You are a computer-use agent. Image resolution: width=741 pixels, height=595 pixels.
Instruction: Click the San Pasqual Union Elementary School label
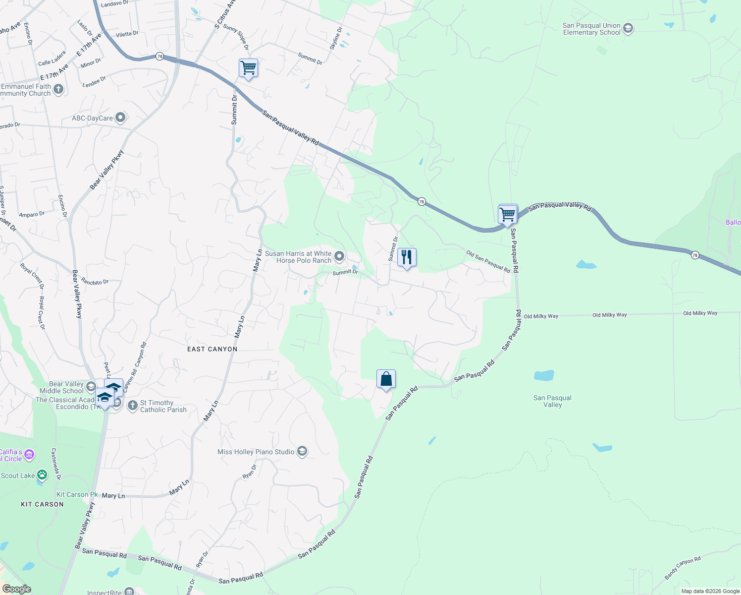click(591, 29)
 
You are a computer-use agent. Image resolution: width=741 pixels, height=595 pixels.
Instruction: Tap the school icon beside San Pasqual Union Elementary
click(628, 28)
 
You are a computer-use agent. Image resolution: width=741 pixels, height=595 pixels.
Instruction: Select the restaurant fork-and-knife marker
click(407, 257)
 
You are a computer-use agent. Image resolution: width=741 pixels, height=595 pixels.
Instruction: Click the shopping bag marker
click(386, 379)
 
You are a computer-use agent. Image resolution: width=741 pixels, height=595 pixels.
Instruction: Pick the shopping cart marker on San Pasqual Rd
click(508, 215)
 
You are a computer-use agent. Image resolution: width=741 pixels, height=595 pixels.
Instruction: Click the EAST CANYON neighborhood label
click(212, 349)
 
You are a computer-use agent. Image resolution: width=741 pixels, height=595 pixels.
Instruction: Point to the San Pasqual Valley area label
click(552, 401)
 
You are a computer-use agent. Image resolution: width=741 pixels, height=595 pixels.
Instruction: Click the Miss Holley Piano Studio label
click(256, 452)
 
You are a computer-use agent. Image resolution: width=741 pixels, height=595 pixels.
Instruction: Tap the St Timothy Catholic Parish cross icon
click(132, 406)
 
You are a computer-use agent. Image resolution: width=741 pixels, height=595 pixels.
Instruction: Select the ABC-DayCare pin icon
click(120, 118)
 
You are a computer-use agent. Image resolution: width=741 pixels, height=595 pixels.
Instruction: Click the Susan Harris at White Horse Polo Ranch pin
click(339, 256)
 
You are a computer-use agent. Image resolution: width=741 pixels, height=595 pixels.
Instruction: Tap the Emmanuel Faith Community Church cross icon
click(58, 89)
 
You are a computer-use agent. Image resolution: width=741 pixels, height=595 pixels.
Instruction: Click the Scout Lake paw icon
click(42, 476)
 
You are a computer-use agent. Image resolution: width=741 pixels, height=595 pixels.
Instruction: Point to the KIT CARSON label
click(42, 504)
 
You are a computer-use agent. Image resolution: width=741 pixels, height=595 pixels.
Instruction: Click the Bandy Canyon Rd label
click(683, 568)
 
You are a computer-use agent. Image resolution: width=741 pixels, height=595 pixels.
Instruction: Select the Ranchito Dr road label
click(95, 282)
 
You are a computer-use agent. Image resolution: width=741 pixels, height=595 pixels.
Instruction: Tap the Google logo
click(16, 589)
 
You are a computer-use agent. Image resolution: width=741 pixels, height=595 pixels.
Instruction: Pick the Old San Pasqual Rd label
click(488, 261)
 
